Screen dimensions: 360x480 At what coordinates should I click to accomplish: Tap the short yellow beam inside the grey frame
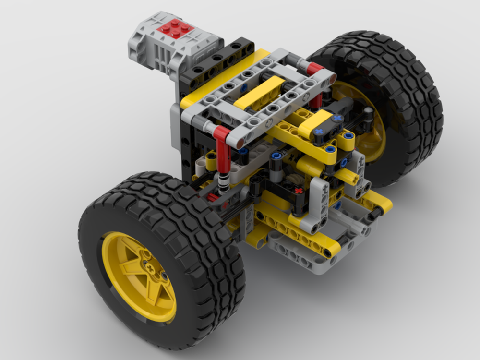(x=259, y=91)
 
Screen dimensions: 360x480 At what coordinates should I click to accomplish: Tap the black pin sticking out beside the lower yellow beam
(x=379, y=212)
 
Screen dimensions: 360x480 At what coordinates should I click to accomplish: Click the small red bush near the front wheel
(x=211, y=197)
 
